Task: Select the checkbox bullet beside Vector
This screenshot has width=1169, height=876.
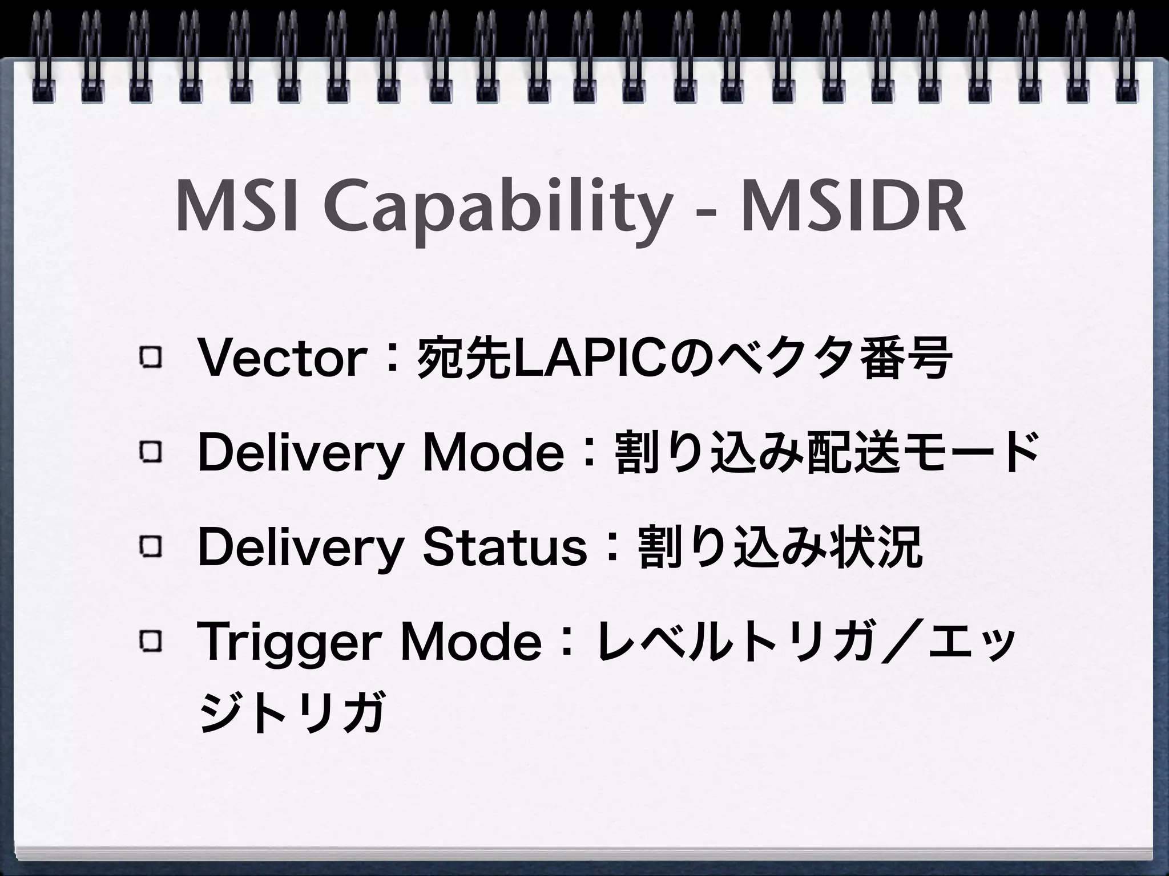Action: point(150,359)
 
